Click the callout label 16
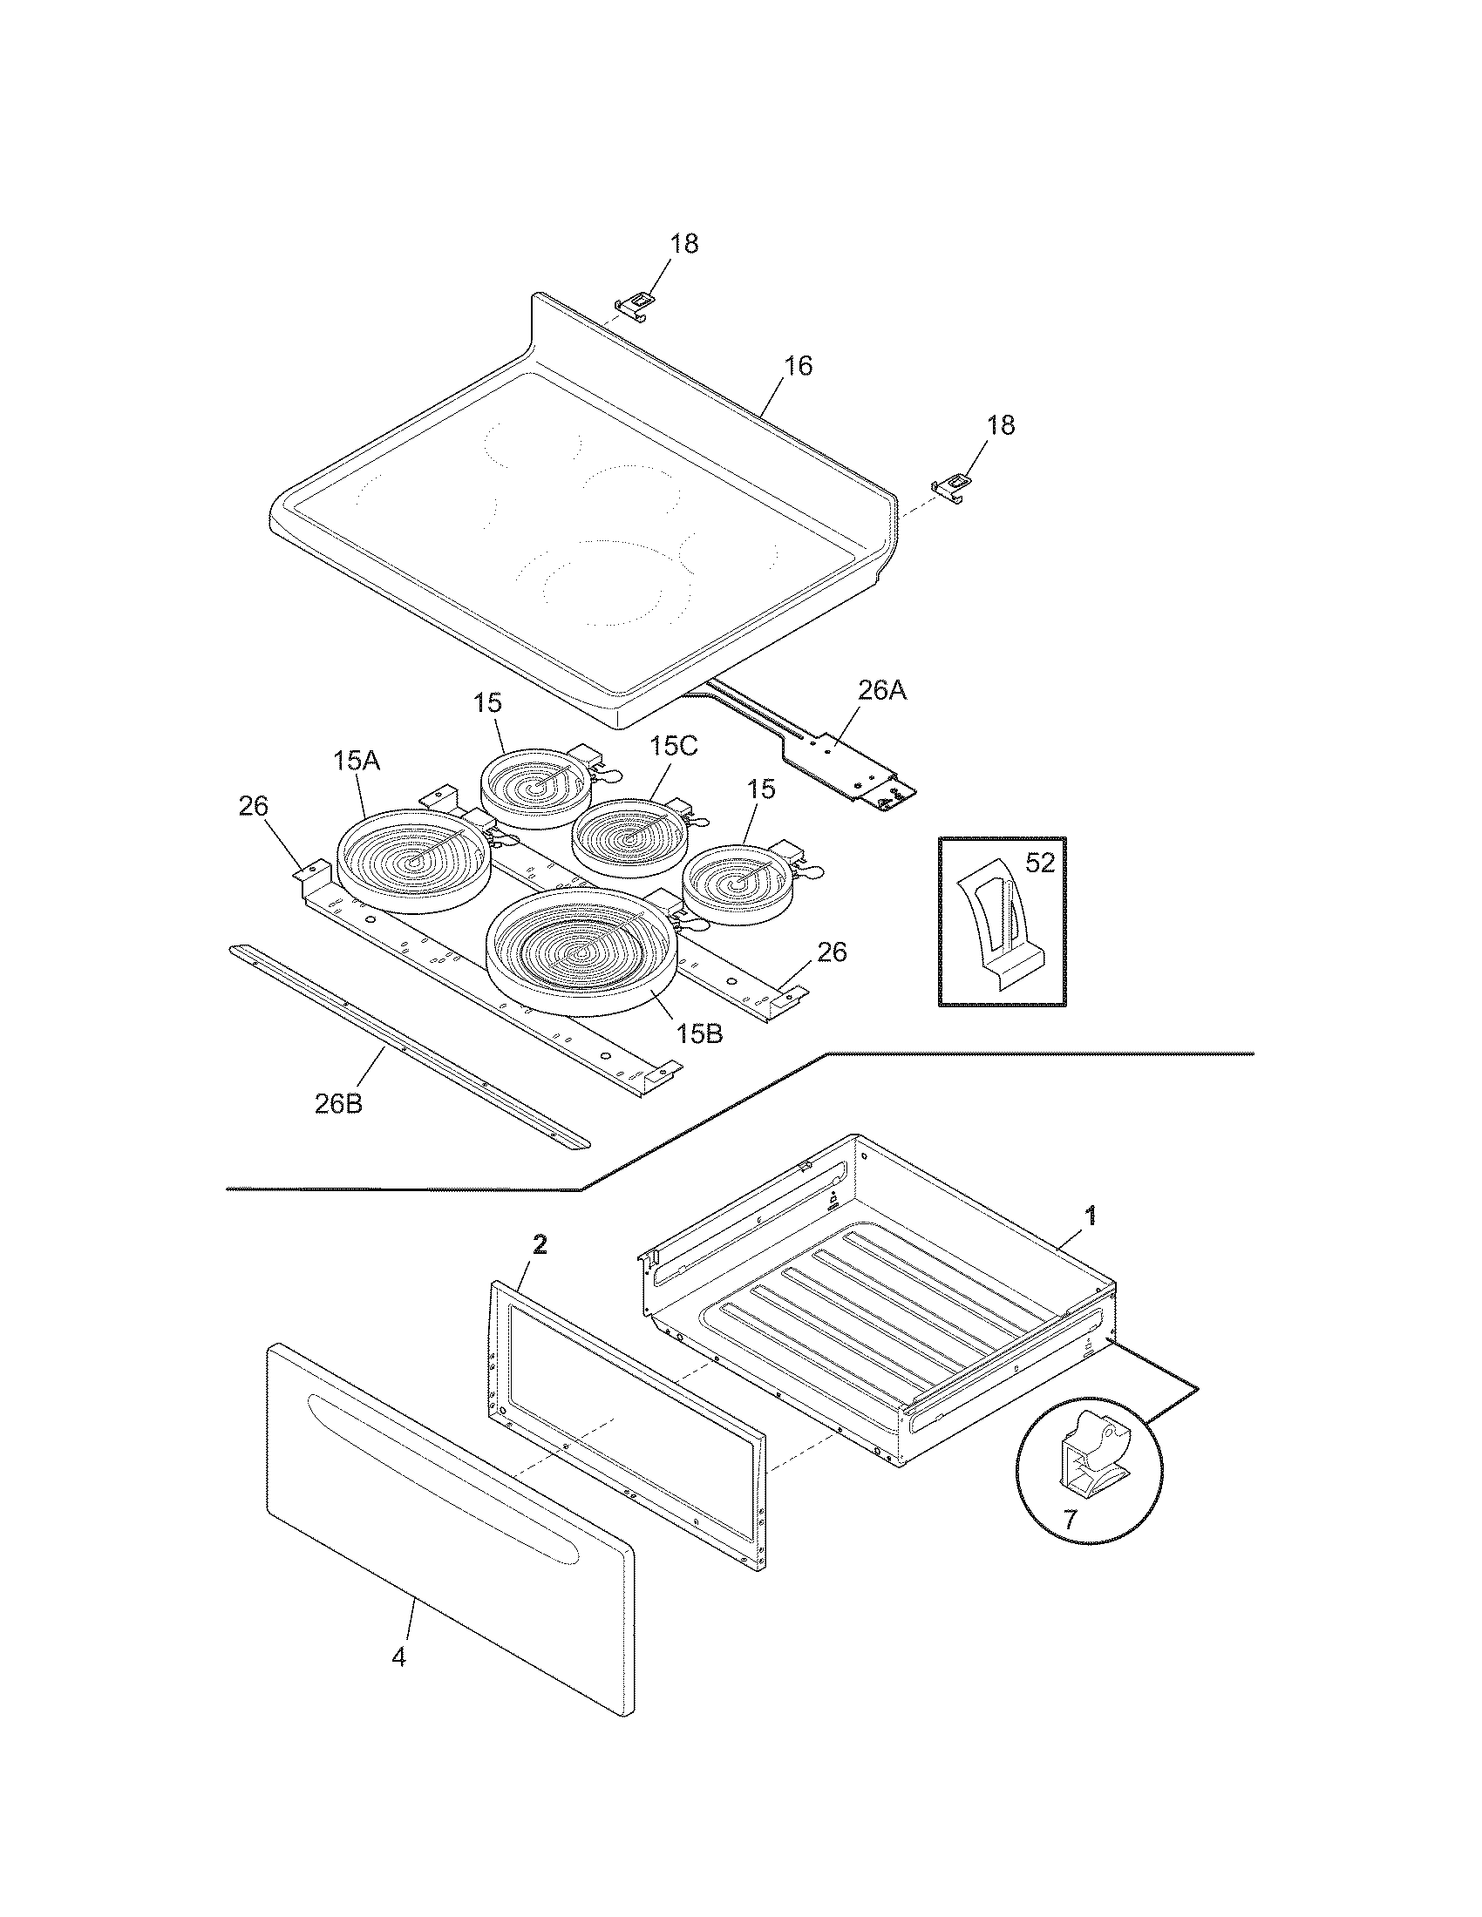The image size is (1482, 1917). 797,365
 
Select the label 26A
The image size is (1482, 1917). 882,691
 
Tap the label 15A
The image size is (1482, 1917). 356,761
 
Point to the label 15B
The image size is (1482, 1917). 699,1033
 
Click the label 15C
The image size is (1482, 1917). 673,747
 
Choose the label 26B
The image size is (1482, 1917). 338,1103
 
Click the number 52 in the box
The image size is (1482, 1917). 1039,863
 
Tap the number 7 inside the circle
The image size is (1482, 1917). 1070,1519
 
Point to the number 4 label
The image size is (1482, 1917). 398,1658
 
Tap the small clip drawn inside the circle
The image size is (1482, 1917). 1091,1458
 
